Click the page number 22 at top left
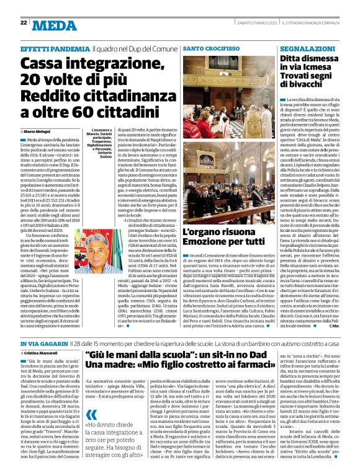click(x=23, y=22)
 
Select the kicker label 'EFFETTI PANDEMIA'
click(x=55, y=48)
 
